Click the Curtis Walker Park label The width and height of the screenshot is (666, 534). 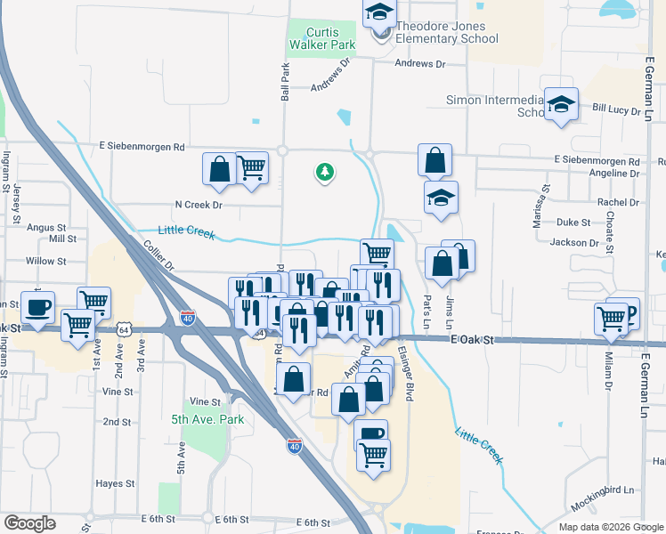[x=323, y=38]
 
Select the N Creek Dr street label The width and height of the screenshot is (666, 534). [x=198, y=205]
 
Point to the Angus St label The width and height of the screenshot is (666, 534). [x=46, y=228]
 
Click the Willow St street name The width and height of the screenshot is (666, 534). [x=46, y=262]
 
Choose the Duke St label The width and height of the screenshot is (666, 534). [x=573, y=222]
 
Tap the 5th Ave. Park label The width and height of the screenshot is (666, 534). [x=207, y=418]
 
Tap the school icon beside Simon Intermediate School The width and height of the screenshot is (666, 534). [x=562, y=105]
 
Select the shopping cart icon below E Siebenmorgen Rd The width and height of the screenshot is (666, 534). [x=252, y=166]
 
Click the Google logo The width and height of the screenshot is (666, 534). [x=29, y=523]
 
